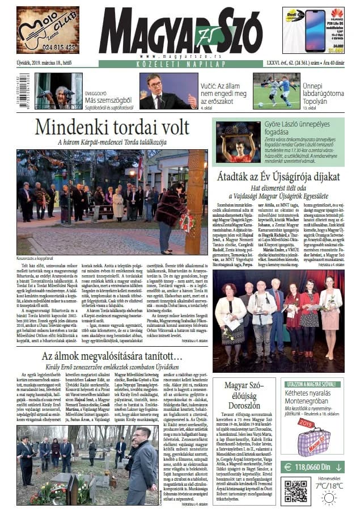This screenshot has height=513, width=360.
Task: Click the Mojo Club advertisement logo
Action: click(48, 26)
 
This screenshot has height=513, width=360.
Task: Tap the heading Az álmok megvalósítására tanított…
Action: click(112, 356)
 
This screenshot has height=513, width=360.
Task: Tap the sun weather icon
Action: click(328, 498)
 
